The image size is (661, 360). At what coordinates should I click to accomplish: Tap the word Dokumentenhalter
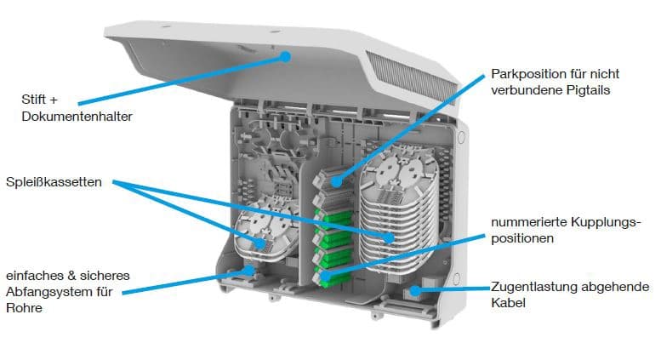tap(77, 114)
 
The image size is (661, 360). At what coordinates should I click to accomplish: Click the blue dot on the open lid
tap(287, 58)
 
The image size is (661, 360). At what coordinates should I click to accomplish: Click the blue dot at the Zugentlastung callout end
tap(415, 290)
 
